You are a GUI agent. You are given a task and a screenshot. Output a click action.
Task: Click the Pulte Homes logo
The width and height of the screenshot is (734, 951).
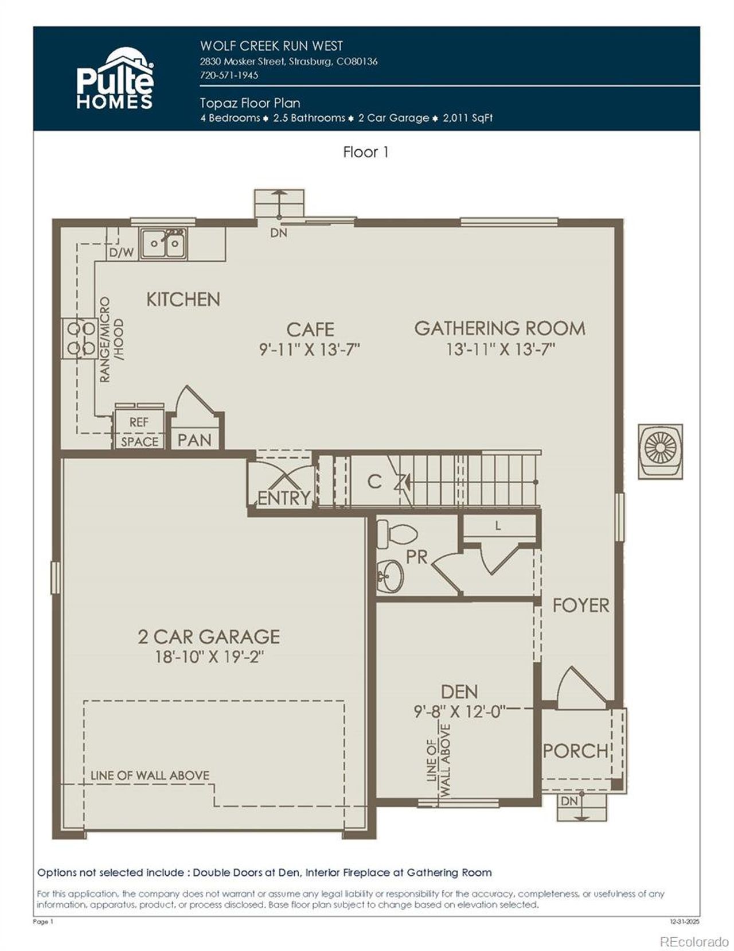pos(115,79)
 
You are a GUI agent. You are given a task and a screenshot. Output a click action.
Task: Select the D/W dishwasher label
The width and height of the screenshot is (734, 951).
pos(121,252)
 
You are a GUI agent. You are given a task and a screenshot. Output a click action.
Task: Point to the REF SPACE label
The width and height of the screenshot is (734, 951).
pos(139,432)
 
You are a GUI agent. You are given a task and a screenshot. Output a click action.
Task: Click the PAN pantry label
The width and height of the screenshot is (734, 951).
pos(194,440)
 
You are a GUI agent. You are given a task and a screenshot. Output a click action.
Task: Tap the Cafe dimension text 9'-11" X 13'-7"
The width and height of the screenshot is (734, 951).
pos(310,350)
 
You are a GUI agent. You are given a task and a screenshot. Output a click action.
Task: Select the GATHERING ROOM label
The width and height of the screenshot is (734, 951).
pos(499,328)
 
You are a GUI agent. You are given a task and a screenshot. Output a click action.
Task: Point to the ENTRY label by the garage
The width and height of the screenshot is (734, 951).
pos(283,498)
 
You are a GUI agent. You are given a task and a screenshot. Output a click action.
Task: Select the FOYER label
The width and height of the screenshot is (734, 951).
pos(580,605)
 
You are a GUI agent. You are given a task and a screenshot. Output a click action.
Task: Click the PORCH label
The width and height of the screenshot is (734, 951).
pos(575,751)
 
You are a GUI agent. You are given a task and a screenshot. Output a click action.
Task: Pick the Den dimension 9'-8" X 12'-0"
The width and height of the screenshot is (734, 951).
pos(459,711)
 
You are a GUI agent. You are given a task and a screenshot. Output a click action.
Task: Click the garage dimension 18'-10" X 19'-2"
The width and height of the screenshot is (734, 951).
pos(209,657)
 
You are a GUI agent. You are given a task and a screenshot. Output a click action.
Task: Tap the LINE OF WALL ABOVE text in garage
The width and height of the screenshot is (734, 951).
pos(150,775)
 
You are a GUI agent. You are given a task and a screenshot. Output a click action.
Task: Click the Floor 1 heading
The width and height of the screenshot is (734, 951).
pos(366,152)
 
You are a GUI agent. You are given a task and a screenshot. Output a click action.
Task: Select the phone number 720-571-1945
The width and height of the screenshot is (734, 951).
pos(229,75)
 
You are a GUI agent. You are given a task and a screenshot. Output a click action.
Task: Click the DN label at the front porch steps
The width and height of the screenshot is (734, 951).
pos(569,801)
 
